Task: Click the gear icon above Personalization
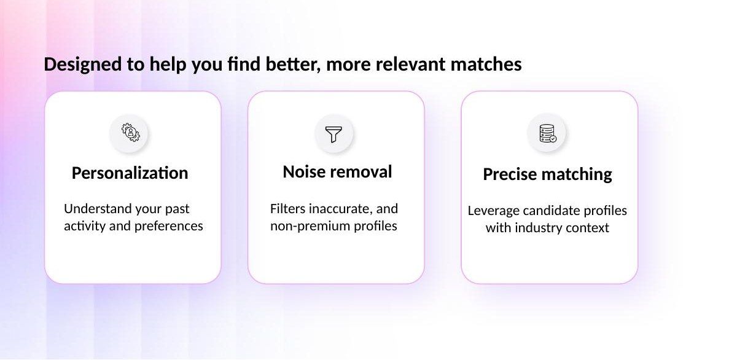(130, 133)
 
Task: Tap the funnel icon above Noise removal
(333, 133)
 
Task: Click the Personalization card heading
(130, 173)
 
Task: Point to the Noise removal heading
(337, 172)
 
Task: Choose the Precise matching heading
(547, 174)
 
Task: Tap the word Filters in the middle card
(287, 209)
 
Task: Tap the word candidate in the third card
(550, 211)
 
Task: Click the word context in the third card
(587, 228)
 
